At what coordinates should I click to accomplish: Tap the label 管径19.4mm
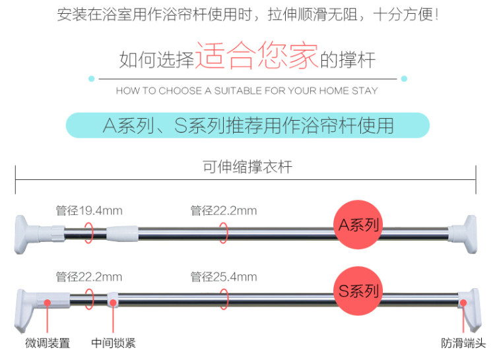(89, 210)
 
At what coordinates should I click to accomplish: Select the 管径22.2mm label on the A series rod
(224, 210)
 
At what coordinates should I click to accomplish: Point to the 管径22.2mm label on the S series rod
(89, 276)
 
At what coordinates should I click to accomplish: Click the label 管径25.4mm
(224, 276)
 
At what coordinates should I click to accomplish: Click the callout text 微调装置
(48, 343)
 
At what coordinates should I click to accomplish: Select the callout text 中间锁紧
(114, 343)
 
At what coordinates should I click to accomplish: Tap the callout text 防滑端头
(463, 343)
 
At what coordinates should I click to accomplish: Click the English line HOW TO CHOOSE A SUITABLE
(247, 91)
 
